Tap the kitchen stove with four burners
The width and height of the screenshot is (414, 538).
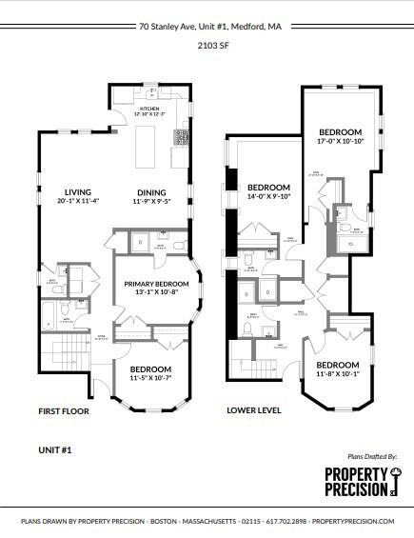[x=180, y=136]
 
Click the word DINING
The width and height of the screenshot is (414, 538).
[x=150, y=190]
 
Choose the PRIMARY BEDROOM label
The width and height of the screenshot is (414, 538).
[x=156, y=284]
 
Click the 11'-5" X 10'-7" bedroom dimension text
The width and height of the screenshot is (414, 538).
[x=150, y=378]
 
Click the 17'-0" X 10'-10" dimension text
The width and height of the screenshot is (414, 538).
[x=340, y=141]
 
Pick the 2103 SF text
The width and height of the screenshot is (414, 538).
[x=207, y=44]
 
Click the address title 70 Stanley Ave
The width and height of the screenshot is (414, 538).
[x=207, y=27]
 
